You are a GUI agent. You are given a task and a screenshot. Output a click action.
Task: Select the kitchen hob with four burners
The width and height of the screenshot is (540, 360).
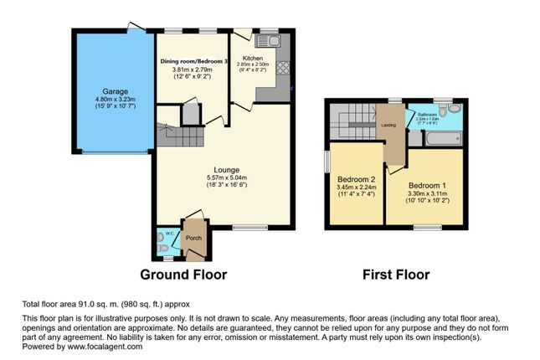282,69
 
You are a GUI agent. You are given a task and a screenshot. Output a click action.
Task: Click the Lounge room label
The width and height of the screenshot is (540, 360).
221,168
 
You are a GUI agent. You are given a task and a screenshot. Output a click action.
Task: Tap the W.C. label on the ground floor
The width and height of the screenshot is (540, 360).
168,234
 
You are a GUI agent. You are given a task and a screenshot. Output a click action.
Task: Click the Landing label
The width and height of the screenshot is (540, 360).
388,126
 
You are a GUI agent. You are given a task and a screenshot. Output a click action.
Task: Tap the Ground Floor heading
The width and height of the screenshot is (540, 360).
183,274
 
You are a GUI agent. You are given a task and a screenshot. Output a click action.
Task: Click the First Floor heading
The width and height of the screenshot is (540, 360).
395,274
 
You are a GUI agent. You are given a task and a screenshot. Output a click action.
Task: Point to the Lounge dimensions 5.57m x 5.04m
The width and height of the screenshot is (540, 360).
221,177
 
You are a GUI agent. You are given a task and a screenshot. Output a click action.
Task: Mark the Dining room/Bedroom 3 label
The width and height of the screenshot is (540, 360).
193,61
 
